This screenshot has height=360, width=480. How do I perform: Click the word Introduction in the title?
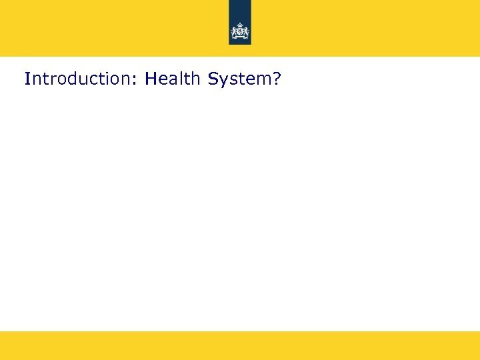[79, 79]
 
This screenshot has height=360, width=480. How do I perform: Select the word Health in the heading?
[173, 79]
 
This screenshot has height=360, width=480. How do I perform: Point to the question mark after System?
[277, 79]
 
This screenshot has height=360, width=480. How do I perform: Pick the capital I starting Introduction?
[27, 79]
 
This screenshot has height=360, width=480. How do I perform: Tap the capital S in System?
[213, 79]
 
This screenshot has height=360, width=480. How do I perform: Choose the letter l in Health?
[179, 79]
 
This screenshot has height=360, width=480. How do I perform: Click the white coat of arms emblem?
[239, 31]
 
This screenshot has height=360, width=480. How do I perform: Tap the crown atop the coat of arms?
[239, 25]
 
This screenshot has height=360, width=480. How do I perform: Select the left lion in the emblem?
[235, 32]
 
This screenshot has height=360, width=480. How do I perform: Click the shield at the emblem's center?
[239, 32]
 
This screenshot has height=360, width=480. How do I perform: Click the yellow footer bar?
[240, 345]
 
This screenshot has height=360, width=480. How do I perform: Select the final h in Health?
[196, 79]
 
